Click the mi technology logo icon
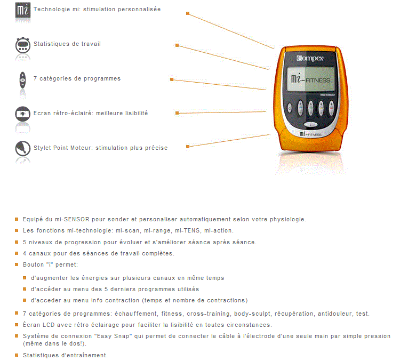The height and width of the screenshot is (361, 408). (x=22, y=10)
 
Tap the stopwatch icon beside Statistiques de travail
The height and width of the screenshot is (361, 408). (x=22, y=45)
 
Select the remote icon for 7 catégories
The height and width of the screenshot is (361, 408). (x=22, y=80)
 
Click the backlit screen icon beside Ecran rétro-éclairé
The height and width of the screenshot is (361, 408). (x=22, y=114)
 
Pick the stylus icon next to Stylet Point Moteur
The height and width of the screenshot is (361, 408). (x=22, y=148)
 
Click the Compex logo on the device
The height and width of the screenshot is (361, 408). (x=310, y=58)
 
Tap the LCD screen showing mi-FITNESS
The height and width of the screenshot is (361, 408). (x=311, y=79)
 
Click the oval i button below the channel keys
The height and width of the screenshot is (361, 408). (x=310, y=124)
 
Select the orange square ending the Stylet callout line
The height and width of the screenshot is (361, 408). (x=188, y=147)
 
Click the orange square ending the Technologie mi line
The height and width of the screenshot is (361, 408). (x=188, y=13)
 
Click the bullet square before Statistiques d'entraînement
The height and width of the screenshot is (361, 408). (x=17, y=355)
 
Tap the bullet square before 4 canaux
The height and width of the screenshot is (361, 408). (x=17, y=253)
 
